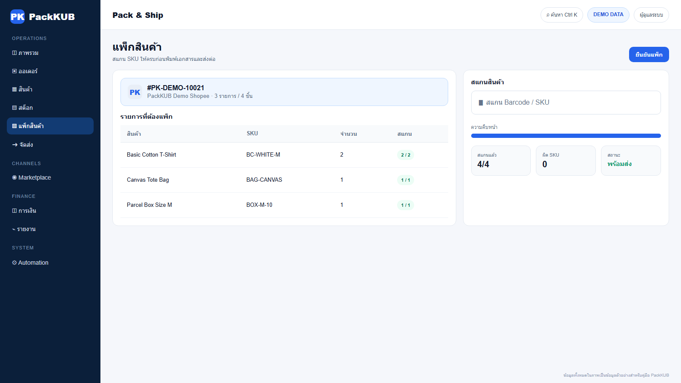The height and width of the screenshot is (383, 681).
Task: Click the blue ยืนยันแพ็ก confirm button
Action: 649,54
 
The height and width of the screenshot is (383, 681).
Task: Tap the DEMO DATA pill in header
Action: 608,14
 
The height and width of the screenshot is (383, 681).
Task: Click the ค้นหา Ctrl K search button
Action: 561,15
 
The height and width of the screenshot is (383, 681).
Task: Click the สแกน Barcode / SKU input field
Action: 566,103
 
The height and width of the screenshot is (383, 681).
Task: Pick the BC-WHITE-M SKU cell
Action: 263,155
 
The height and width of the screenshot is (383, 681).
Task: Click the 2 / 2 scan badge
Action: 405,155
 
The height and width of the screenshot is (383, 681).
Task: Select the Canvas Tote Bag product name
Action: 148,180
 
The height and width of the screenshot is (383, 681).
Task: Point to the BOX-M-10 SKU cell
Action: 259,205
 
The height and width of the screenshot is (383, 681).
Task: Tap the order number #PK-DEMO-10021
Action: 175,88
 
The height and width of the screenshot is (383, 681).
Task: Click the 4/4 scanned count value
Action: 483,164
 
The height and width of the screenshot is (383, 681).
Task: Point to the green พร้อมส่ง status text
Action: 619,164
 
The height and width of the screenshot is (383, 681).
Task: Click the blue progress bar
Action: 566,136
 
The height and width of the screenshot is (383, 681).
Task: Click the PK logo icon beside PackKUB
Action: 17,17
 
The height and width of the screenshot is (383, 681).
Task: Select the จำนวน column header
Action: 349,134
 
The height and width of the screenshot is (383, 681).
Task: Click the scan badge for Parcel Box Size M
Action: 405,205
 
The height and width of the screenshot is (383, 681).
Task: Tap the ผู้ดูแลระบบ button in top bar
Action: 651,15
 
